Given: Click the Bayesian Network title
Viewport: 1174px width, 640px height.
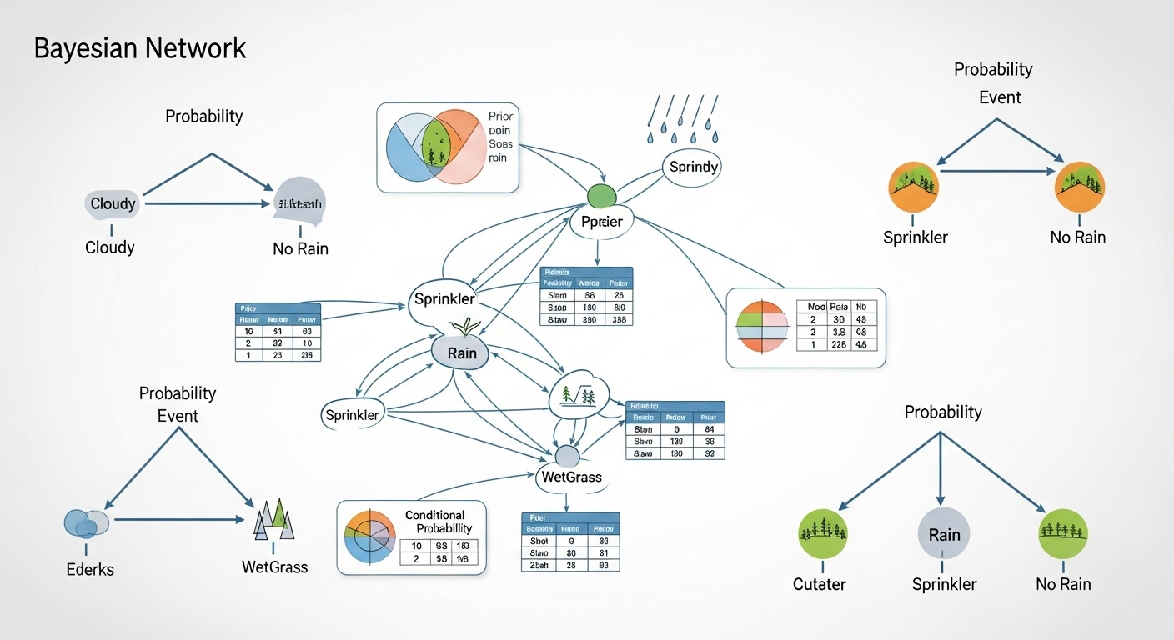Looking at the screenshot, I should (140, 48).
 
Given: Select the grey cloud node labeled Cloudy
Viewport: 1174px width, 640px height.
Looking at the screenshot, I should (113, 203).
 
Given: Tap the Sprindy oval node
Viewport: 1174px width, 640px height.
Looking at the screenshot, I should (693, 167).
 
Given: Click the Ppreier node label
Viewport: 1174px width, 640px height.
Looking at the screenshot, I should (602, 222).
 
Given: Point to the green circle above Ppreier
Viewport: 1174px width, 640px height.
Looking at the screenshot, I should (600, 195).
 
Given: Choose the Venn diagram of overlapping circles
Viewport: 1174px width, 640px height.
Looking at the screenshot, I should (435, 147).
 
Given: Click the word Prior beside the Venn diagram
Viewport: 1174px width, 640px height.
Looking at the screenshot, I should (501, 116).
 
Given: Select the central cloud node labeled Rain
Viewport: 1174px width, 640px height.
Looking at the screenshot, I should (461, 352).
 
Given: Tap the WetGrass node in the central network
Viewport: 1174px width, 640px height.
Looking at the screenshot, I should (571, 477).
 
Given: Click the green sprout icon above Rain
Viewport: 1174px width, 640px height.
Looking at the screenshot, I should (462, 326).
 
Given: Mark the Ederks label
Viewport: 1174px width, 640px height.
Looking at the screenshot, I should (88, 570).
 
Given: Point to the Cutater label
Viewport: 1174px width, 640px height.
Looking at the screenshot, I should (819, 584).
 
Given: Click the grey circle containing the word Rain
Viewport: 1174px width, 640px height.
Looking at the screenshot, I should (944, 534).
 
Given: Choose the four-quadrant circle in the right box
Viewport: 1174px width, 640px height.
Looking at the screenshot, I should (762, 327).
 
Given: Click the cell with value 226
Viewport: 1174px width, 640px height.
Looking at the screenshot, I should (838, 345).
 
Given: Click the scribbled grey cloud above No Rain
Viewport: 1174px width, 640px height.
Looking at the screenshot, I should (299, 203).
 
